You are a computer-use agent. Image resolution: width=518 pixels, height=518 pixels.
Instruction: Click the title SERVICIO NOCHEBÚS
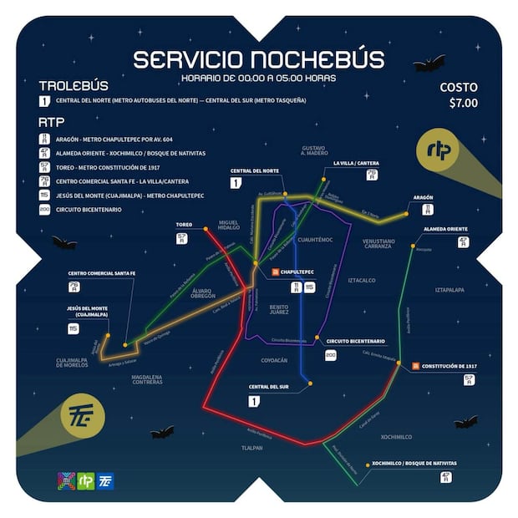[258, 60]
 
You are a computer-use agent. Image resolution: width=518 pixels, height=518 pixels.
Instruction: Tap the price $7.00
[463, 104]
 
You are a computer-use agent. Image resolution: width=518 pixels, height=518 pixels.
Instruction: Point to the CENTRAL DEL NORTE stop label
[255, 170]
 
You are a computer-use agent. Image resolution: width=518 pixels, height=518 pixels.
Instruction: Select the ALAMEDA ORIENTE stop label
[445, 228]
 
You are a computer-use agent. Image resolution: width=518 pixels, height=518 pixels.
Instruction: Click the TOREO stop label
[185, 225]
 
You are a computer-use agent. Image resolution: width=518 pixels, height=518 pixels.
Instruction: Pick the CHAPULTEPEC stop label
[297, 272]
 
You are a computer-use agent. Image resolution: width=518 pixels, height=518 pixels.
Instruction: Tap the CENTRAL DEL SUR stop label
[268, 387]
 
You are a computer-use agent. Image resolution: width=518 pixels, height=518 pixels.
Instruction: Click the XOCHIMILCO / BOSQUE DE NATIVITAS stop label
[414, 462]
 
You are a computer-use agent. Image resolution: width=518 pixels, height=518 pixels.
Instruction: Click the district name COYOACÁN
[274, 360]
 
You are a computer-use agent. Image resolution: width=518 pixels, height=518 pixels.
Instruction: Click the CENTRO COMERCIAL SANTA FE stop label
[102, 273]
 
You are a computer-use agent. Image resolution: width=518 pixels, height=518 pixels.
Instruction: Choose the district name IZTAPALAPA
[449, 290]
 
